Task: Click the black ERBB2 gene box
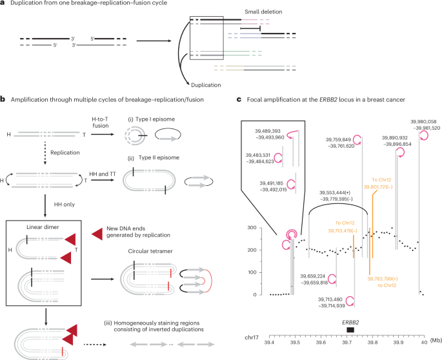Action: click(x=350, y=330)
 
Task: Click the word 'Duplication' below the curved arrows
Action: click(x=204, y=83)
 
